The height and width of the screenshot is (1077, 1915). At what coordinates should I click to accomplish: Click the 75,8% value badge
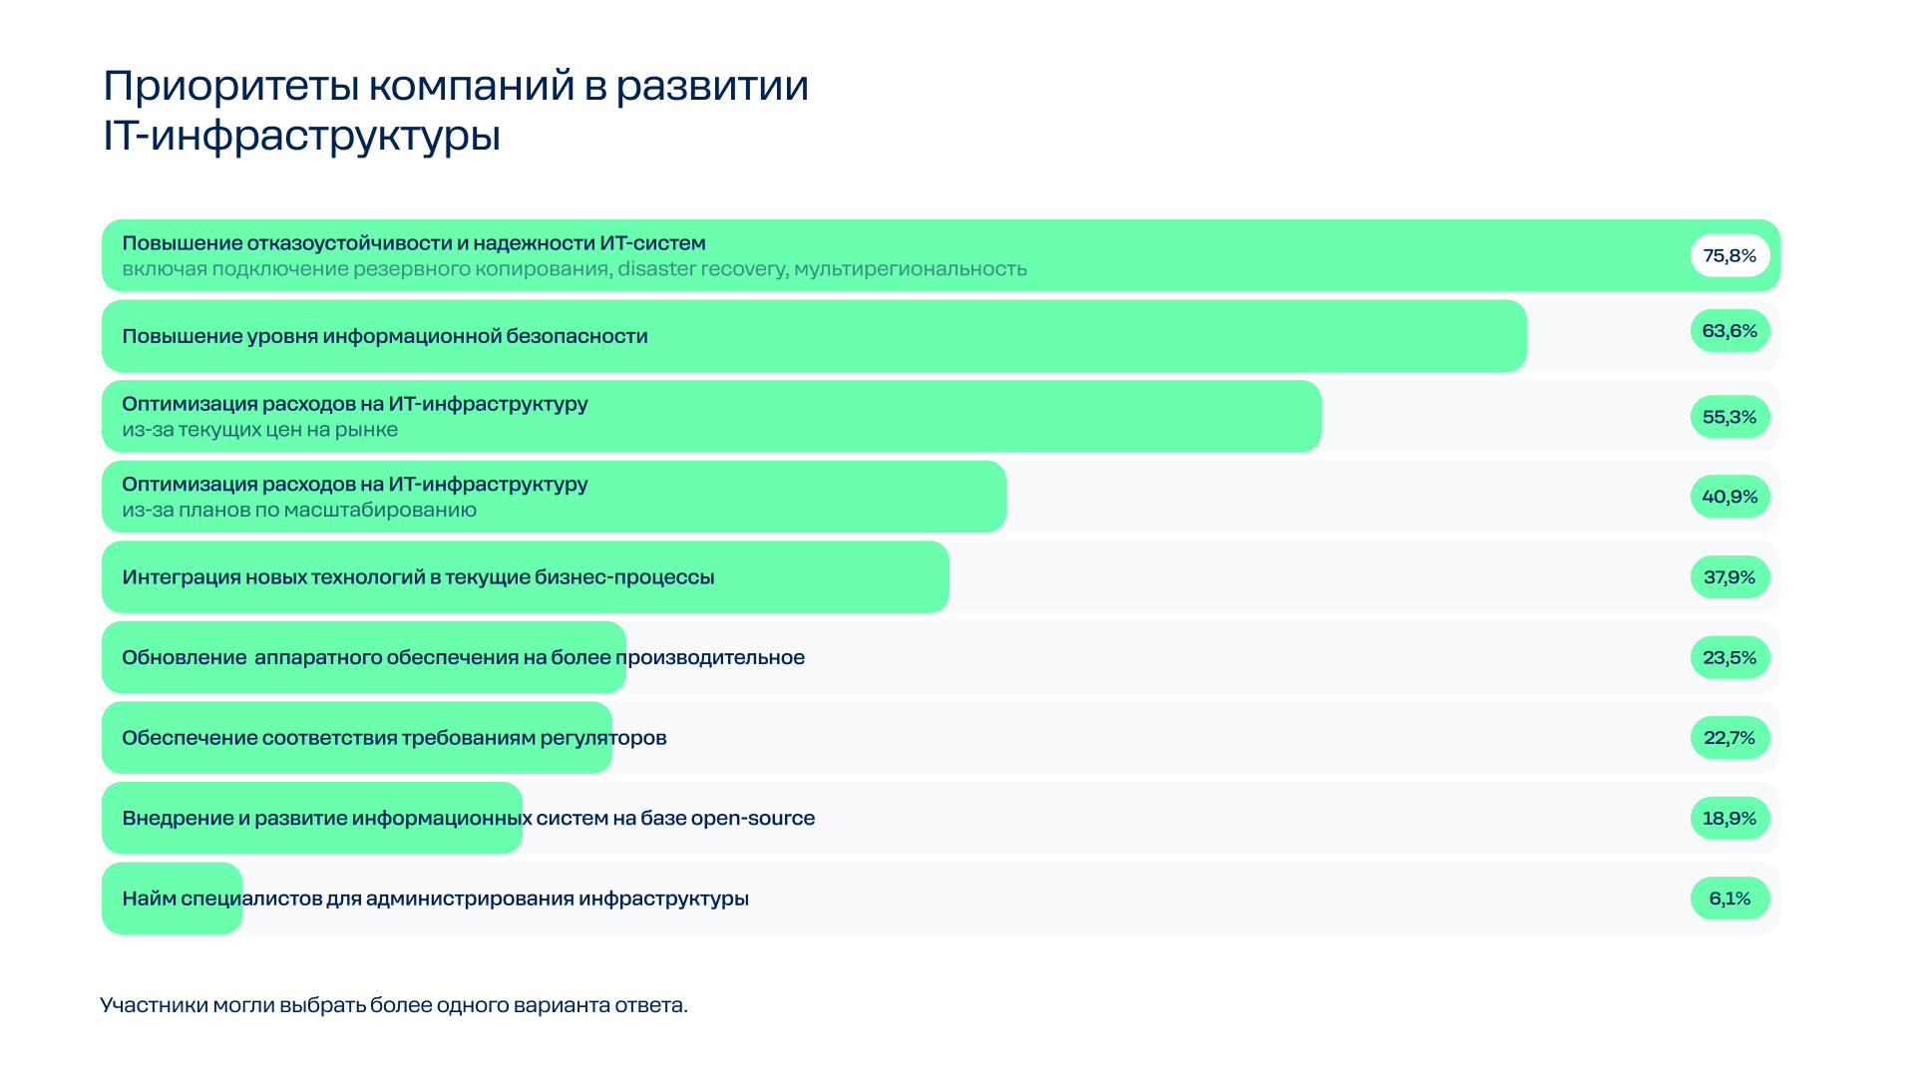coord(1729,255)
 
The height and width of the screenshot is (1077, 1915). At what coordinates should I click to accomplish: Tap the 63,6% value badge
coord(1729,331)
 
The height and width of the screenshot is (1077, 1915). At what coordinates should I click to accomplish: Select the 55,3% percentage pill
coord(1729,417)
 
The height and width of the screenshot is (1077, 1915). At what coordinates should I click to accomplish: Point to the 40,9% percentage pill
coord(1729,497)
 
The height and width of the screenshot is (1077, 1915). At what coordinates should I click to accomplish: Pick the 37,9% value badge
coord(1729,577)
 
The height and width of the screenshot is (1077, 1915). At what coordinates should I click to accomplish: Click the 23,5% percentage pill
coord(1729,657)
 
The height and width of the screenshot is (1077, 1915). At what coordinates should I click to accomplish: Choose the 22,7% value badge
coord(1729,738)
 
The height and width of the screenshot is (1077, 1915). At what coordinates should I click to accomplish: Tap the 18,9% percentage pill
coord(1729,818)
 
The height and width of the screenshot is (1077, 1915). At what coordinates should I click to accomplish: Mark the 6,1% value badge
coord(1729,898)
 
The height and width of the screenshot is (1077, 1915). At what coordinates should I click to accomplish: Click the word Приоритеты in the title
coord(231,87)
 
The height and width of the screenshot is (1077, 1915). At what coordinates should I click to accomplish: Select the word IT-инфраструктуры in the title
coord(301,136)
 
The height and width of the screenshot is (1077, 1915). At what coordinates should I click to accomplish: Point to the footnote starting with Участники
coord(394,1005)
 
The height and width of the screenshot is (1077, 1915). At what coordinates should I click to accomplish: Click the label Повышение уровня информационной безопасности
coord(385,336)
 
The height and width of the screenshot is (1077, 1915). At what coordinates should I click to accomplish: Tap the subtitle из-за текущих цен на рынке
coord(260,430)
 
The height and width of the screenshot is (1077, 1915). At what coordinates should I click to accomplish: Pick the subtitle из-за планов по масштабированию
coord(299,510)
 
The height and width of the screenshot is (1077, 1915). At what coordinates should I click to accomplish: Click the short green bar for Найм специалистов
coord(173,898)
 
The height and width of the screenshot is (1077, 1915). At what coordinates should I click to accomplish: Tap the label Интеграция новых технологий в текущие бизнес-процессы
coord(418,577)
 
